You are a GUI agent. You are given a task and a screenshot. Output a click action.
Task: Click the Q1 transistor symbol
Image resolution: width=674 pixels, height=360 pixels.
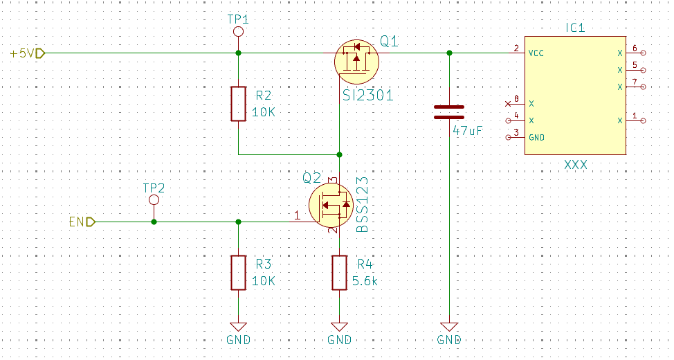click(356, 62)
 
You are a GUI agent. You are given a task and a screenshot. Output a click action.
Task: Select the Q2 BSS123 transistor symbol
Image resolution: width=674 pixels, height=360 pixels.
click(331, 205)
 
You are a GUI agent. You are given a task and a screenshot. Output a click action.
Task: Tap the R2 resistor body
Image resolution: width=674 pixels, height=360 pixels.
click(239, 104)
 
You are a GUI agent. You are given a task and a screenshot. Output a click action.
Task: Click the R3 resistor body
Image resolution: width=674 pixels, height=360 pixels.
click(239, 273)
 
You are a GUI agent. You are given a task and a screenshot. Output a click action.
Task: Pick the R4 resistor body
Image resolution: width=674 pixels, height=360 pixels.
click(340, 273)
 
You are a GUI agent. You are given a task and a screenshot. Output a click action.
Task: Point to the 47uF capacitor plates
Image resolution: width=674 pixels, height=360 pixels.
click(449, 112)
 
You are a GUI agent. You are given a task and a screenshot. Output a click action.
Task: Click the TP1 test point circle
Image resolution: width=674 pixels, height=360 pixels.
click(238, 31)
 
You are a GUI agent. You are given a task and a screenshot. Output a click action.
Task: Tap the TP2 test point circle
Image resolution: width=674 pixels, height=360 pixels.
click(154, 200)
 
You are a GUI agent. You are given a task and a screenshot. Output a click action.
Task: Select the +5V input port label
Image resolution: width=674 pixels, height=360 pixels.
click(28, 53)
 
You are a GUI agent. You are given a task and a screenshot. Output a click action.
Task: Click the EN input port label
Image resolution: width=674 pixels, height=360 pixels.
click(82, 222)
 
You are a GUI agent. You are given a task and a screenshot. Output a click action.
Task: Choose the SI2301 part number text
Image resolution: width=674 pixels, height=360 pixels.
click(368, 96)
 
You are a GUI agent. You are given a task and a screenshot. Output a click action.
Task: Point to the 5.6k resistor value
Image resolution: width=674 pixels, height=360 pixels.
click(365, 281)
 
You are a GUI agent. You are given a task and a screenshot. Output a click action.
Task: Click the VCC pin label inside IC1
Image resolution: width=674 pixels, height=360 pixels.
click(536, 53)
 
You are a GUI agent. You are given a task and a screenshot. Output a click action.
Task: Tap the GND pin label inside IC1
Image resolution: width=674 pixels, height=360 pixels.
click(536, 138)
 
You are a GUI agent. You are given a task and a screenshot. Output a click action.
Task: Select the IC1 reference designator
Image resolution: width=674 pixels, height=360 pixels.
click(575, 28)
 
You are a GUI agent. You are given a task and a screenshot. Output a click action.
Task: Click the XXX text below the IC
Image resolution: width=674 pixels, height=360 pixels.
click(576, 165)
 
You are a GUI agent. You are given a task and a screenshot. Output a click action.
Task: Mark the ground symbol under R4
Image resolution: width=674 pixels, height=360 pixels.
click(340, 327)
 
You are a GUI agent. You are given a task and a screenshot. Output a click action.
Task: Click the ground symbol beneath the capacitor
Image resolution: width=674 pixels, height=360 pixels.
click(449, 327)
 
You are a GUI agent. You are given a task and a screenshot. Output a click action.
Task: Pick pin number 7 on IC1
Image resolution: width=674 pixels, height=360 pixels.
click(635, 82)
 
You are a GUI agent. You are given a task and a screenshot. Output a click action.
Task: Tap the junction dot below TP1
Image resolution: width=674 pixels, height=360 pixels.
click(239, 53)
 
